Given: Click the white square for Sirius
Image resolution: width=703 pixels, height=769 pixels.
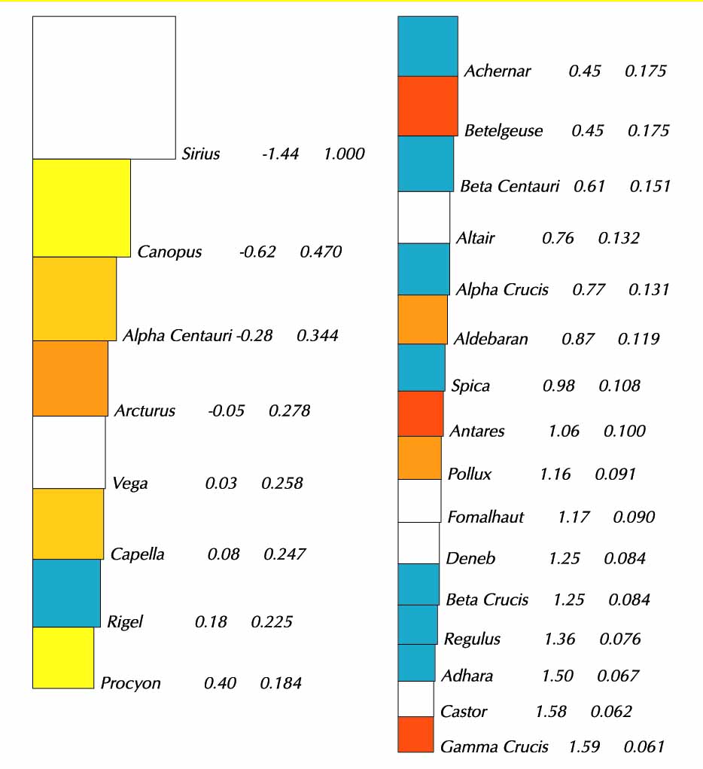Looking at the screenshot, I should coord(104,87).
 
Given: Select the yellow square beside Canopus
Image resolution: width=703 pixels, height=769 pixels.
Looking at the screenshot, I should coord(81,208).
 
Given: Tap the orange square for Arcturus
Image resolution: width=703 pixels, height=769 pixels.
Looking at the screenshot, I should coord(70,378).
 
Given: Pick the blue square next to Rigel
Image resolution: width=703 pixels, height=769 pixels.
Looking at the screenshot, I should coord(66,593).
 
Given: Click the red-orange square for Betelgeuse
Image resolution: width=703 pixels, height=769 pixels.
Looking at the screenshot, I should coord(428,106).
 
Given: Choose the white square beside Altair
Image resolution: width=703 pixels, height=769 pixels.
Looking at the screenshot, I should coord(424,218).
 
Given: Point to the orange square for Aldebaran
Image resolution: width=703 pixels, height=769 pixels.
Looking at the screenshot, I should coord(422,319).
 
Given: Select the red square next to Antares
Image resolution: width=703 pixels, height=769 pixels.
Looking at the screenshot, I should coord(421,413).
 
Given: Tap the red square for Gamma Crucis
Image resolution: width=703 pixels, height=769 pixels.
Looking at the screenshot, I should coord(415,734).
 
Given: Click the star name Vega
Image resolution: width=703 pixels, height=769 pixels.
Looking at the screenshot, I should coord(129,483).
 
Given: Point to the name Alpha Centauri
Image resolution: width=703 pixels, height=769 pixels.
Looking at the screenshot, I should coord(177,335).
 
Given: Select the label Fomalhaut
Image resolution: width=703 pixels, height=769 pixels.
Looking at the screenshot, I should coord(485,517).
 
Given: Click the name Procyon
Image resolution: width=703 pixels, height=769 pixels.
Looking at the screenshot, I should coord(131,683).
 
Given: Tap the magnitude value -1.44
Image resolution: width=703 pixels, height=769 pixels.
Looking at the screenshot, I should coord(280,154).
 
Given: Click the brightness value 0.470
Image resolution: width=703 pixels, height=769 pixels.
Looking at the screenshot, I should coord(321,252).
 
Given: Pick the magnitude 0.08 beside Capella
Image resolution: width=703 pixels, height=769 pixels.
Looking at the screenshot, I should coord(224,554).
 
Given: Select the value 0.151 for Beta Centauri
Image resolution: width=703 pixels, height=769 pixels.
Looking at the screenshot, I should coord(650,186).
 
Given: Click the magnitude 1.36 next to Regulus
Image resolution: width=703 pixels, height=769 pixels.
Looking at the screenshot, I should coord(559,639).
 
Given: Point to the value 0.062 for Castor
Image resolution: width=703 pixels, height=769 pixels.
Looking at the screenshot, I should coord(611,711).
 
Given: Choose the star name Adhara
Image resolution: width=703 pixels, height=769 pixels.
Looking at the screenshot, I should coord(467,676).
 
